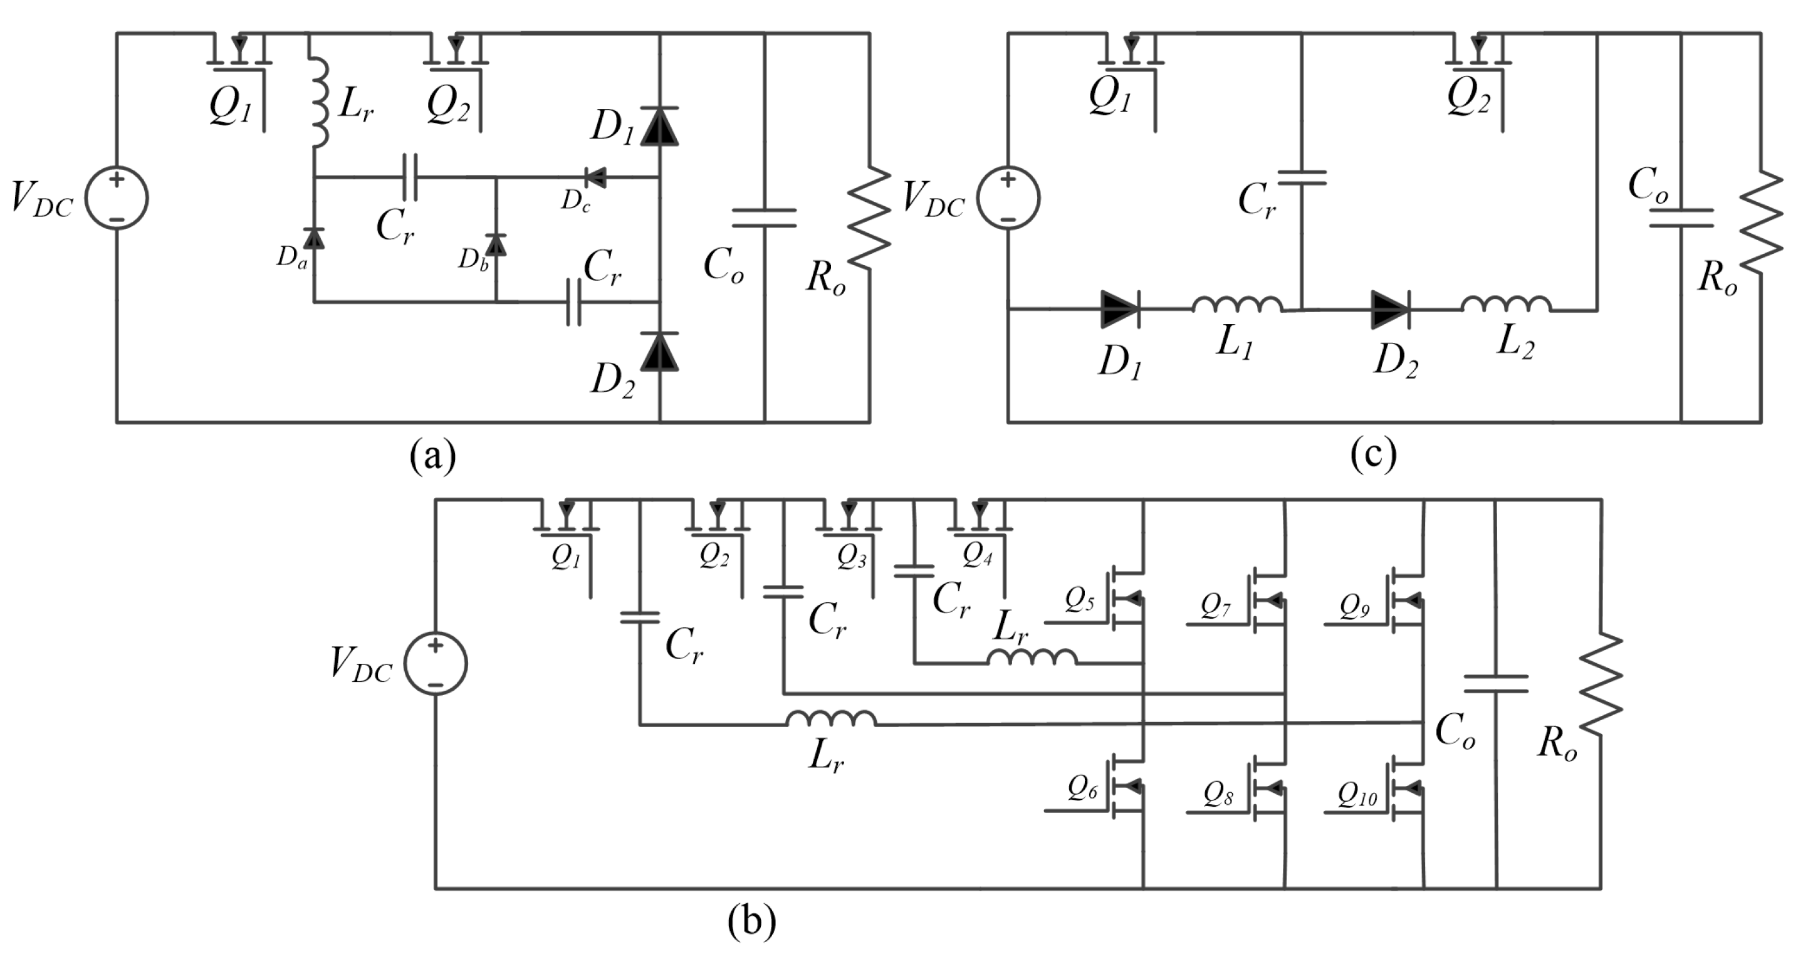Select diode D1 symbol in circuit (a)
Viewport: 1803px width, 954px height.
tap(659, 127)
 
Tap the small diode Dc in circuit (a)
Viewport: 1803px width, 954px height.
tap(595, 177)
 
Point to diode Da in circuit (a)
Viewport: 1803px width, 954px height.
tap(313, 239)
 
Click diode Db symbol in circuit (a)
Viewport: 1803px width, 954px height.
tap(496, 244)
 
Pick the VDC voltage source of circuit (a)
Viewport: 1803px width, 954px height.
tap(117, 198)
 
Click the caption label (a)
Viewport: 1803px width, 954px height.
tap(432, 456)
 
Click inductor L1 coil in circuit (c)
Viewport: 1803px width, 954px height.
tap(1236, 305)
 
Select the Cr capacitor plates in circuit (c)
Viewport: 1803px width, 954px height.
tap(1302, 178)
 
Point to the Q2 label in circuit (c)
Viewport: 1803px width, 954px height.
tap(1468, 98)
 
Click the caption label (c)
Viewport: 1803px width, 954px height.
tap(1373, 456)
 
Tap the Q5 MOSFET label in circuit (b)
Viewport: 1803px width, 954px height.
tap(1079, 600)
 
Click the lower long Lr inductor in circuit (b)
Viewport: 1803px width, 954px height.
tap(831, 720)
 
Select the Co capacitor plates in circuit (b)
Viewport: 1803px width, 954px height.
tap(1496, 684)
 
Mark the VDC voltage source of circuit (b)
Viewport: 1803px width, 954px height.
tap(436, 664)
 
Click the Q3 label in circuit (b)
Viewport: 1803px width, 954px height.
tap(851, 558)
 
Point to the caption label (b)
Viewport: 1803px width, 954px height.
tap(751, 923)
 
